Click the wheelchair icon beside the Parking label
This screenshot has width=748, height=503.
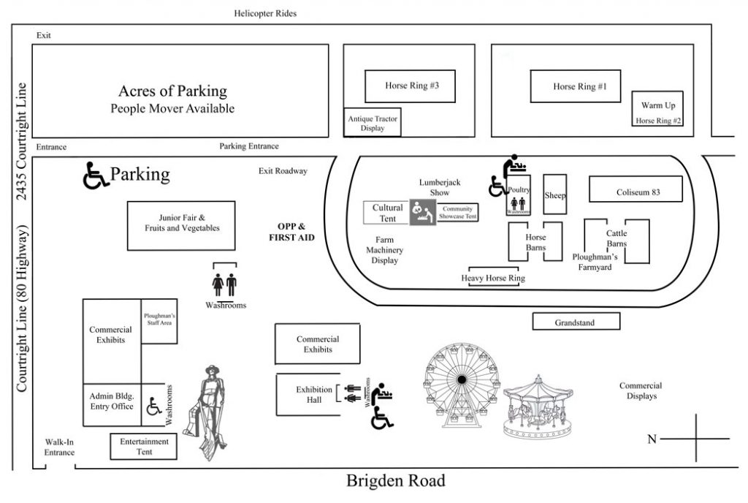[95, 175]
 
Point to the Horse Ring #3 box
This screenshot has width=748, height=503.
[411, 86]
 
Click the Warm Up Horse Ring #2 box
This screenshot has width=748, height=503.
[658, 112]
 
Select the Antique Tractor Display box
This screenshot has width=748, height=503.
[373, 122]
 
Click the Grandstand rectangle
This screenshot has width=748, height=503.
[576, 321]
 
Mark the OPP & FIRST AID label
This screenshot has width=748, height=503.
[291, 232]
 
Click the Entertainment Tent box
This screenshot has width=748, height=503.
[144, 447]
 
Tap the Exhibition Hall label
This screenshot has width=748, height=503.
[314, 394]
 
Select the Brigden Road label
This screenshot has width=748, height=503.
[395, 482]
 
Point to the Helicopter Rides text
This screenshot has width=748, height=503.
[265, 13]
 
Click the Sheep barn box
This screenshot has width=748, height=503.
[555, 195]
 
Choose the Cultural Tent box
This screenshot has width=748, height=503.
[387, 213]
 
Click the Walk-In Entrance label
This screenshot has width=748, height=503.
[59, 447]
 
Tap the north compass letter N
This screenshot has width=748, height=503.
[653, 439]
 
